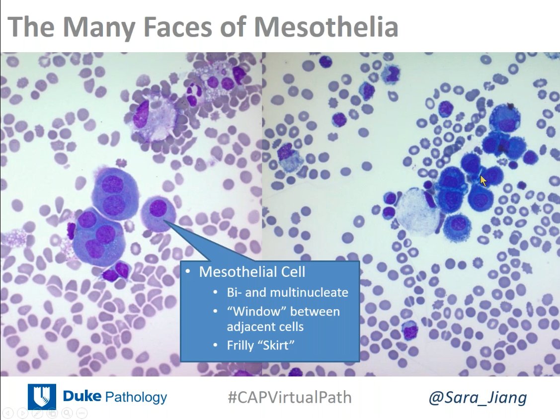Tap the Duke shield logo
point(41,397)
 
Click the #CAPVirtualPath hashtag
point(290,397)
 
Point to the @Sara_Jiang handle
point(478,398)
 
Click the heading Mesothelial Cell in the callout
point(252,272)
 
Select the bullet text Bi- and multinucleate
point(288,292)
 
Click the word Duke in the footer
point(81,397)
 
